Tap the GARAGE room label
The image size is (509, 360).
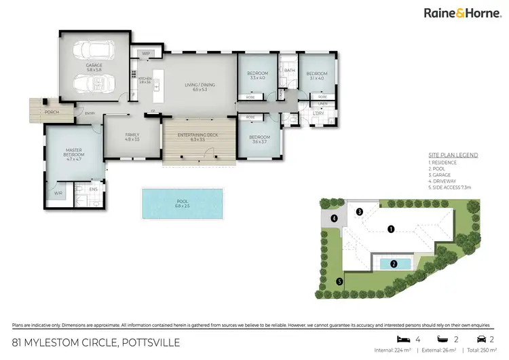click(93, 67)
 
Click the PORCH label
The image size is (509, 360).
click(50, 112)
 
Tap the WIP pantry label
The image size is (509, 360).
click(146, 53)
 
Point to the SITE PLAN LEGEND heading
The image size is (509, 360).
click(453, 156)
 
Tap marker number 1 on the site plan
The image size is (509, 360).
click(391, 230)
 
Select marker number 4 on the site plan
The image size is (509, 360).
click(334, 218)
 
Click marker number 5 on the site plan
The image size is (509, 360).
click(339, 281)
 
